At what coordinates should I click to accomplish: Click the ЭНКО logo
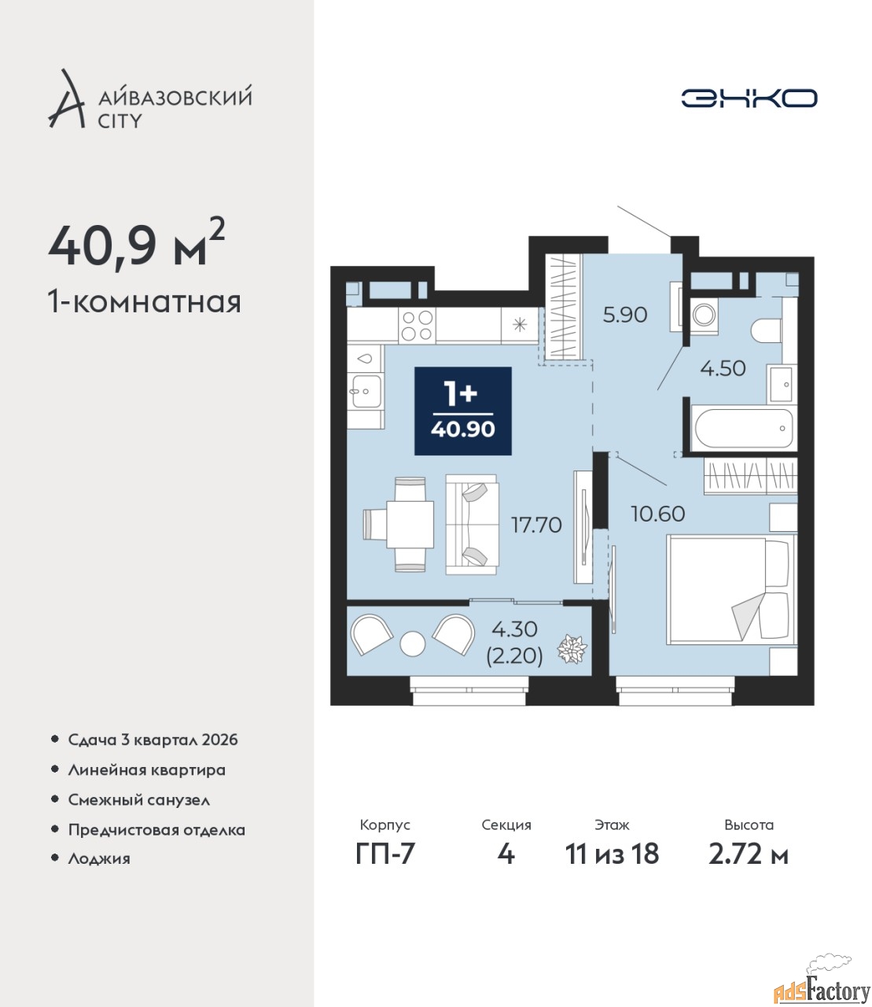pos(749,98)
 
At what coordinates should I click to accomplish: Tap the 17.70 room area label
pos(536,526)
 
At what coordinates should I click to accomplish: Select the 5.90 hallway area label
pos(625,315)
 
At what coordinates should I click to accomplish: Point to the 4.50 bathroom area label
pos(723,368)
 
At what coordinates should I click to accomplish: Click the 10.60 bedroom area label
pos(658,514)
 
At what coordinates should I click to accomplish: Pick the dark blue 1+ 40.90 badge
pos(463,411)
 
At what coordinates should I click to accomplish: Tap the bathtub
pos(744,428)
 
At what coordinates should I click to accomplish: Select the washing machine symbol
pos(704,315)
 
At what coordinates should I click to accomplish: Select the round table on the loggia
pos(413,644)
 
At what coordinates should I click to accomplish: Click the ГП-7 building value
pos(385,854)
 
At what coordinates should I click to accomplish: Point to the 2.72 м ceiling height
pos(749,854)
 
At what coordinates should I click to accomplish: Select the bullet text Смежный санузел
pos(139,800)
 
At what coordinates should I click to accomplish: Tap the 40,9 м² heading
pos(137,246)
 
